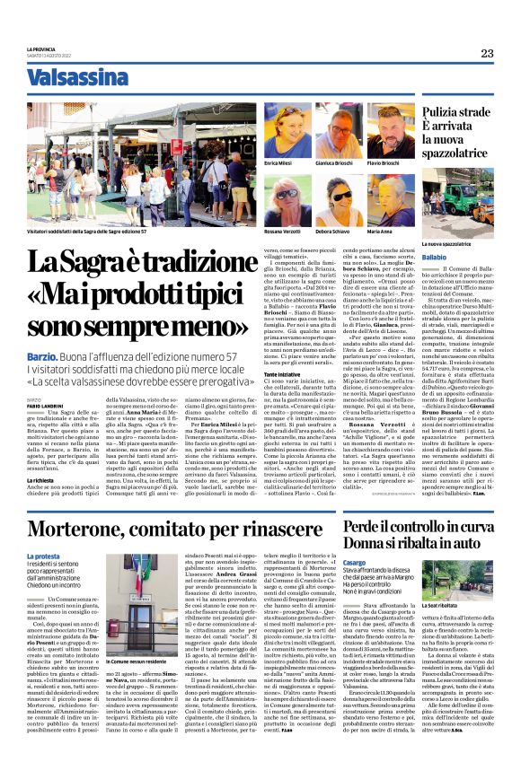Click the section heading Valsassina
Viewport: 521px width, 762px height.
[x=77, y=78]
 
